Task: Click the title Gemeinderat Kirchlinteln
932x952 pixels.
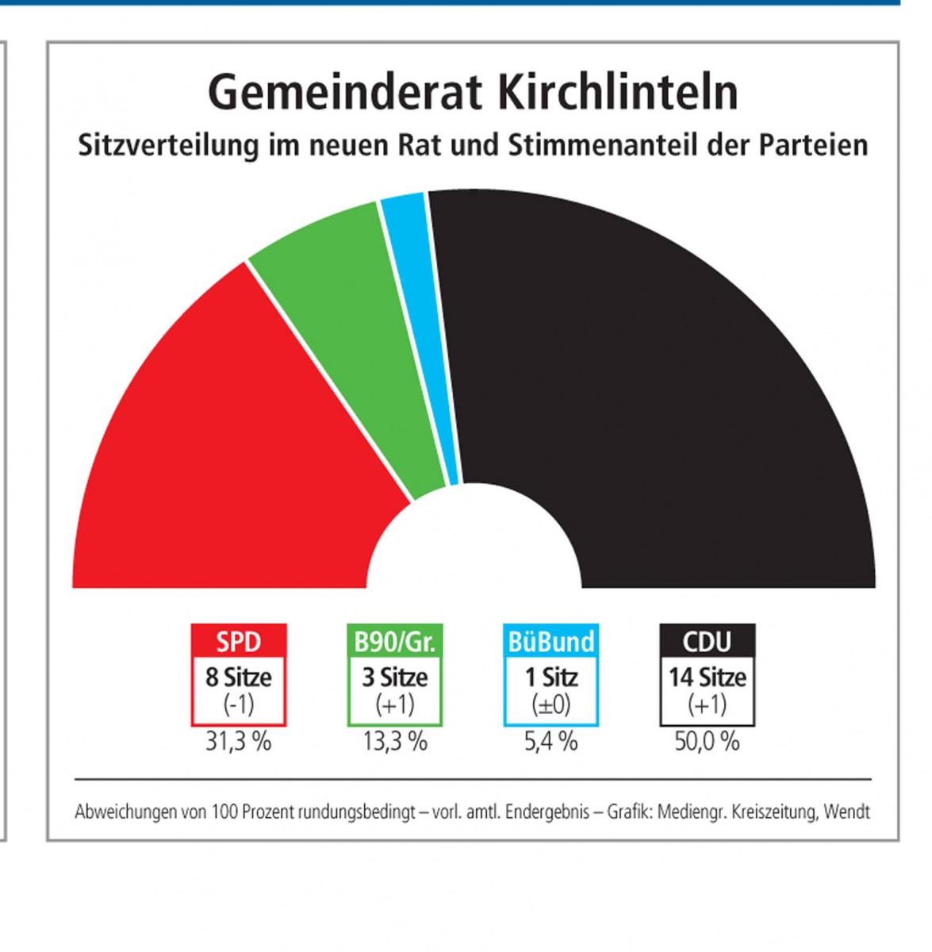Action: point(473,92)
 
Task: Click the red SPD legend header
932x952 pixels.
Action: point(239,641)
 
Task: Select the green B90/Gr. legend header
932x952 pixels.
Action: point(395,641)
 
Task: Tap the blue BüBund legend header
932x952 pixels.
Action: point(551,641)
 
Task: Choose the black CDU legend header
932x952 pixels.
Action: point(707,641)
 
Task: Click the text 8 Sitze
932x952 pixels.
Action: point(239,678)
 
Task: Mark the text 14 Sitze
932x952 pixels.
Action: point(707,678)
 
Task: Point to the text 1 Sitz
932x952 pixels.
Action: point(551,678)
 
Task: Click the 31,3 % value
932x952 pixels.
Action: point(239,742)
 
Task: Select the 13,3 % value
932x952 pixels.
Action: point(395,742)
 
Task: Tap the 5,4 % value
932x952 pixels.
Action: point(551,742)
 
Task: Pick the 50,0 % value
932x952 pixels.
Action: point(707,742)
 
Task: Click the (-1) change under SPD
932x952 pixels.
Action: point(239,704)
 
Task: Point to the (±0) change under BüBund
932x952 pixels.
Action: point(551,704)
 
